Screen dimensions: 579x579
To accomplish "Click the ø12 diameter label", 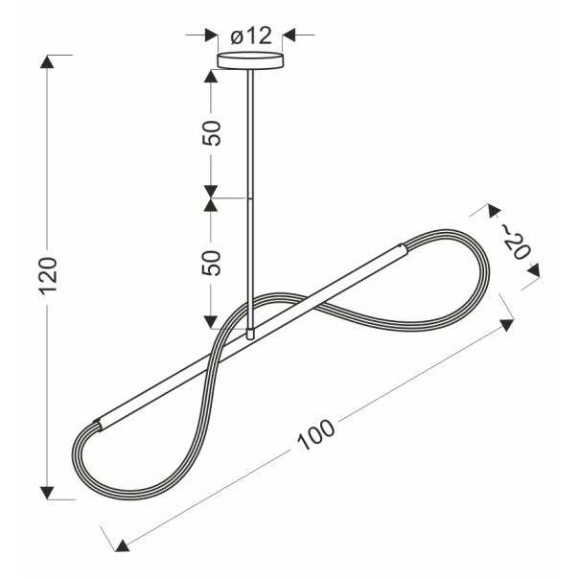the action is [x=251, y=36].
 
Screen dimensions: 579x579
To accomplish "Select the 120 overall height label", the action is [x=48, y=275].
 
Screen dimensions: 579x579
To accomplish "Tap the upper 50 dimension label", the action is [x=211, y=133].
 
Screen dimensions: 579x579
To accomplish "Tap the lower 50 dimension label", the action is [x=211, y=263].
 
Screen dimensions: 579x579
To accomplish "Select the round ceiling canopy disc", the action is [x=251, y=60].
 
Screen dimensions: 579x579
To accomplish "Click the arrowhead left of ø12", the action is [x=211, y=35].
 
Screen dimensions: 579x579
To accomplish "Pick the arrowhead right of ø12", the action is [x=289, y=35].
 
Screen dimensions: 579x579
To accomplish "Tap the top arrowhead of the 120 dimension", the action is [x=47, y=61].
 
